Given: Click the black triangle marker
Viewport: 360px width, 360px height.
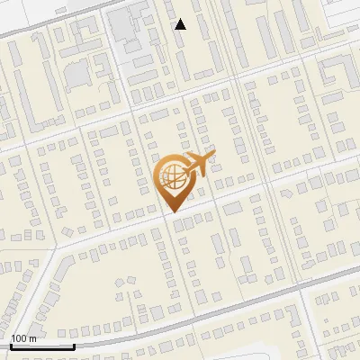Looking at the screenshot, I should click(181, 24).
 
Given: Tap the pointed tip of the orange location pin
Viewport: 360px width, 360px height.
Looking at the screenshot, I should click(170, 211).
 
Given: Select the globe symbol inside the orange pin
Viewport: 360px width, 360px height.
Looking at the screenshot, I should click(170, 176).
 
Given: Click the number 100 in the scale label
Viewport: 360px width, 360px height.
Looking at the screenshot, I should click(19, 338).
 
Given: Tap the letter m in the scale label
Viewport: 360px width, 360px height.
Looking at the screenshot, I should click(32, 338).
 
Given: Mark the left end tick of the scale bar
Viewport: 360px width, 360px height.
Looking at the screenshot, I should click(11, 346).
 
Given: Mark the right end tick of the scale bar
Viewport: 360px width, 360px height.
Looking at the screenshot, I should click(74, 346).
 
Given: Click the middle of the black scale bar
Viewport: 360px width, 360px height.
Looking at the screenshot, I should click(42, 347).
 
